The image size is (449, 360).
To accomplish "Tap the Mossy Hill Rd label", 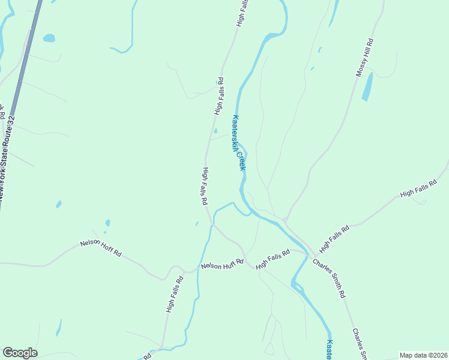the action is pos(364,58).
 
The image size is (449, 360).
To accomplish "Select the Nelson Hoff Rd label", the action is pos(101,248).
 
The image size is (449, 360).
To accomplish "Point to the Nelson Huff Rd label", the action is pos(221,264).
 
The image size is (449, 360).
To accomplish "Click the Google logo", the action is pos(20,353).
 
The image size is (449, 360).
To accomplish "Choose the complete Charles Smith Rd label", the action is pos(329,278).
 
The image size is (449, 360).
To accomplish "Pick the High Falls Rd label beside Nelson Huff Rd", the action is pos(277,260).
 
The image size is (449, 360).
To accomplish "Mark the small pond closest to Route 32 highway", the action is pos(49,38).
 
